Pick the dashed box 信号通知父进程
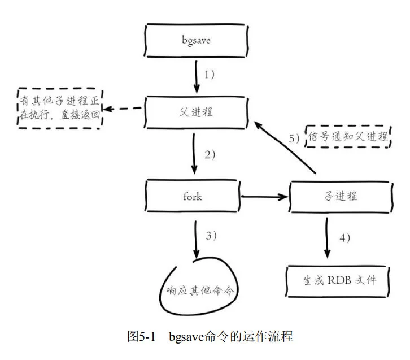click(348, 136)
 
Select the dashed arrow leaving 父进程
click(126, 109)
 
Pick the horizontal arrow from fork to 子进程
click(264, 197)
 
